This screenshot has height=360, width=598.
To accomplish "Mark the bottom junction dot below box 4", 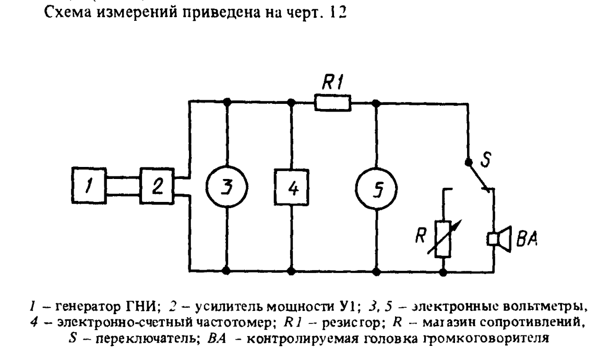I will point(291,271).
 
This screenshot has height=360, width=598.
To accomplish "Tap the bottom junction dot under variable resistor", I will point(443,271).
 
